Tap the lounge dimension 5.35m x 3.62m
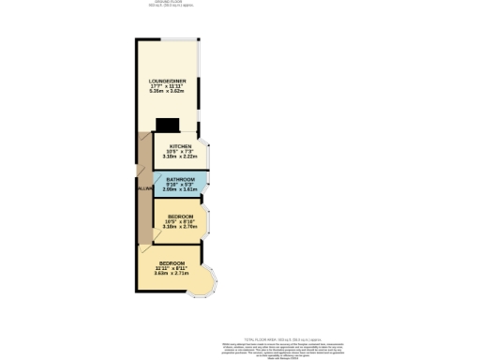coord(167,92)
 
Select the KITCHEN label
coord(180,147)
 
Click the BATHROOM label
coord(181,179)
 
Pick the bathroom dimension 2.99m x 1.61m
coord(181,189)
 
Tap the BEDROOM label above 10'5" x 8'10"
coord(180,216)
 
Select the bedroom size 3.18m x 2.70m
coord(180,227)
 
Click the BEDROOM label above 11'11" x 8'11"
coord(172,262)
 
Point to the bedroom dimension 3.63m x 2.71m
coord(172,274)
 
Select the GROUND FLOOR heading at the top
coord(166,3)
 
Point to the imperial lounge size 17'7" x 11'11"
coord(167,86)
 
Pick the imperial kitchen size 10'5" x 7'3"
coord(180,153)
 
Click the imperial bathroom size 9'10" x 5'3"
coord(181,185)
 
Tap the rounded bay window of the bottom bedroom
coord(204,284)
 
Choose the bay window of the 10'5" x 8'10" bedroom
coord(210,220)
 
